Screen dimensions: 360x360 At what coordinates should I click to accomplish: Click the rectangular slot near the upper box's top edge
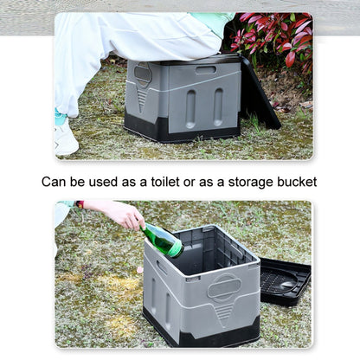pyautogui.click(x=206, y=69)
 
